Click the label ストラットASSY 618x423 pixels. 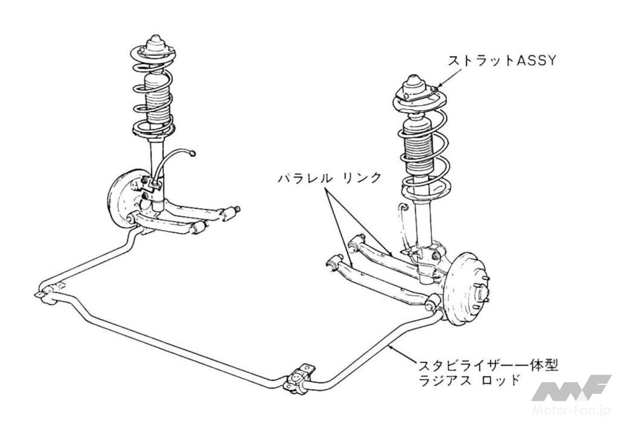[x=502, y=61]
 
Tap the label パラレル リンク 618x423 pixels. [x=329, y=178]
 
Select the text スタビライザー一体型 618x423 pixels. [x=488, y=364]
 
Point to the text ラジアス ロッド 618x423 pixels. [x=469, y=381]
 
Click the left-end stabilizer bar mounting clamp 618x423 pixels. [x=48, y=294]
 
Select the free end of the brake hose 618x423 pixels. [x=193, y=153]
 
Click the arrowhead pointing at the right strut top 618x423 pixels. [x=441, y=84]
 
